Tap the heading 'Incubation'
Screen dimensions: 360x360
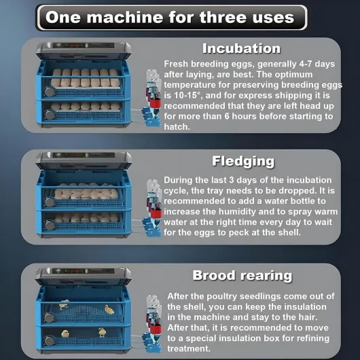[x=241, y=48]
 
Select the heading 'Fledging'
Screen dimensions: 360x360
[x=243, y=161]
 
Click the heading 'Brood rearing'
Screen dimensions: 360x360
[x=242, y=275]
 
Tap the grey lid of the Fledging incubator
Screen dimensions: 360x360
[x=82, y=161]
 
